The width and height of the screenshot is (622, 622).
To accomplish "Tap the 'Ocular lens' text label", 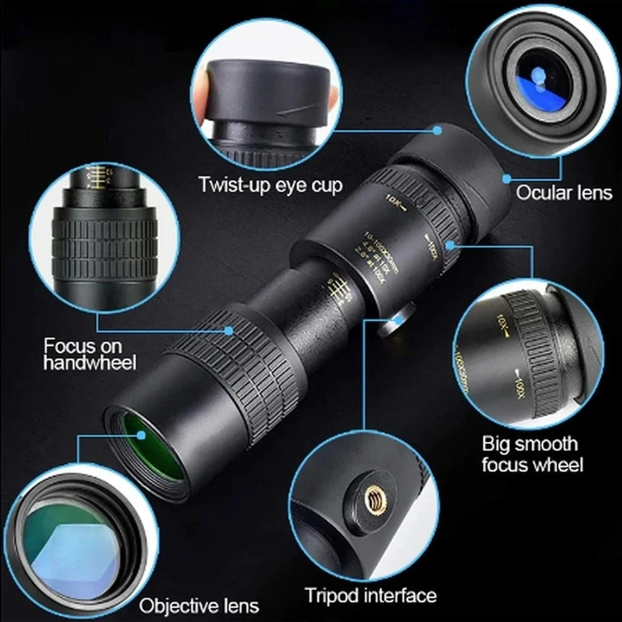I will click(x=564, y=193).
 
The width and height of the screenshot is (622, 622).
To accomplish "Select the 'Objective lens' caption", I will click(x=199, y=605).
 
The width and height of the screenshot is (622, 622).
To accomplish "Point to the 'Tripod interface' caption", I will click(x=371, y=595).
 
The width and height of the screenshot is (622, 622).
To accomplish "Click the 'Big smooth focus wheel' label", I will click(x=532, y=454).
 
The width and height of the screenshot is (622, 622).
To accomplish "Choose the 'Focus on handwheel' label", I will click(x=90, y=354).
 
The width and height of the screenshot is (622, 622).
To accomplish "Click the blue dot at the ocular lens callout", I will click(x=505, y=179).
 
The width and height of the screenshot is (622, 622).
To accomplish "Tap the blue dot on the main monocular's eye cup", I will click(x=437, y=129).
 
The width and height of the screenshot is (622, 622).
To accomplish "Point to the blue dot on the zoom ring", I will click(x=451, y=244).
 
